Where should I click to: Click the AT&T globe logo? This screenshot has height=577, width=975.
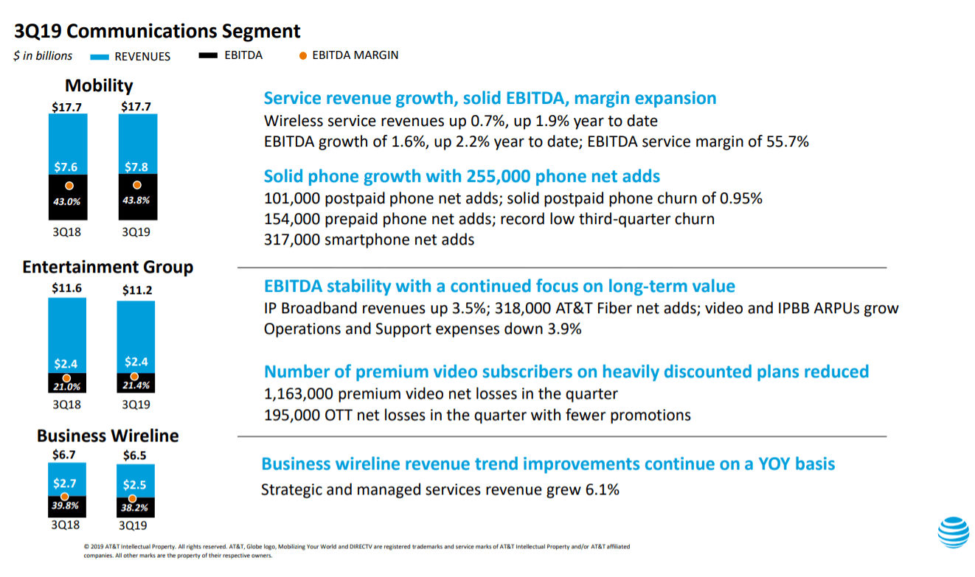tap(953, 532)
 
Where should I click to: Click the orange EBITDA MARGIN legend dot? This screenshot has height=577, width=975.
tap(302, 55)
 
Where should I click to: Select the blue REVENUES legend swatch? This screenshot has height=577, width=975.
tap(100, 57)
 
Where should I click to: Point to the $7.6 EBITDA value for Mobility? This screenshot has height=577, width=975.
tap(67, 167)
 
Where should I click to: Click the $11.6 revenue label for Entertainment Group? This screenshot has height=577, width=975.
tap(66, 289)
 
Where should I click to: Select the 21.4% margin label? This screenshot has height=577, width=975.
tap(135, 385)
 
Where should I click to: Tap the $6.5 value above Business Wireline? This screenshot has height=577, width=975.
tap(134, 455)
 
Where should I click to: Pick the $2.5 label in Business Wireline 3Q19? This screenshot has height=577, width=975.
tap(136, 484)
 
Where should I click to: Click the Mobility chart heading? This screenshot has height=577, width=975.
tap(99, 85)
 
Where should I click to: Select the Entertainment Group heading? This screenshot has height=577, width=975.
tap(108, 267)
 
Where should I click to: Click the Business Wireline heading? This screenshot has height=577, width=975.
tap(108, 436)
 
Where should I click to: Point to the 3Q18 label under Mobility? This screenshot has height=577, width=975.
tap(66, 231)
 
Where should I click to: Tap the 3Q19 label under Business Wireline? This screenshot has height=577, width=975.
tap(133, 525)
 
